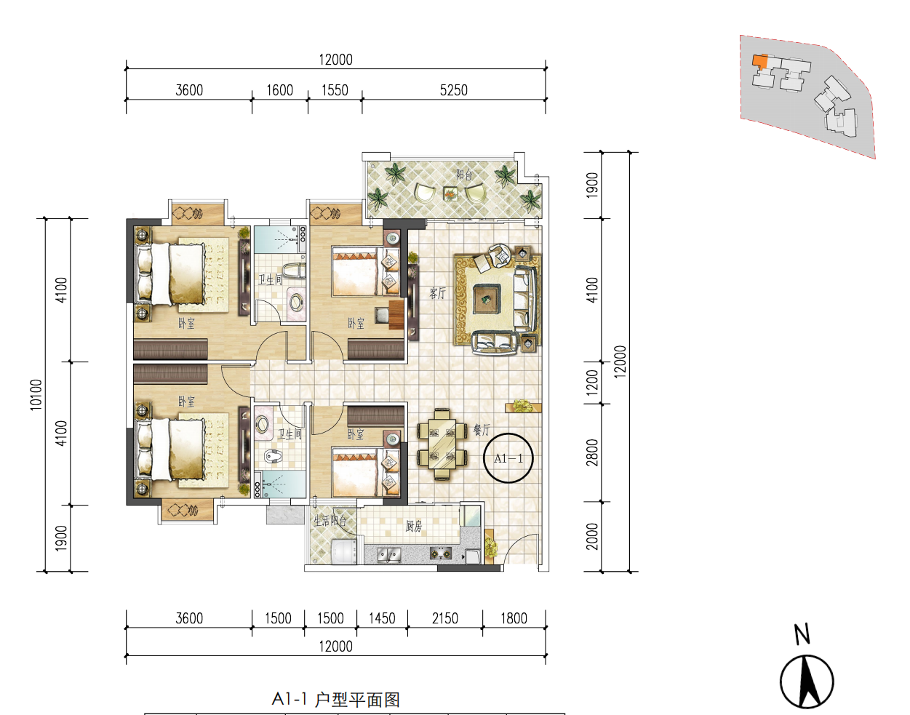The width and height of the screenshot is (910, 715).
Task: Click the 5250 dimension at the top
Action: (453, 90)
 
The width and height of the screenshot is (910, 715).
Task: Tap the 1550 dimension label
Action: (335, 90)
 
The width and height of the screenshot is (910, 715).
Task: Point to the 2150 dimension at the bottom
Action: (444, 618)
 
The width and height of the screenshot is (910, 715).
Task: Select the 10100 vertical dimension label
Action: (36, 395)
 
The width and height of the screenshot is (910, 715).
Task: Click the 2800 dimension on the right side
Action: (592, 452)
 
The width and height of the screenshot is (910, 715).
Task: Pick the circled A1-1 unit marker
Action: (508, 458)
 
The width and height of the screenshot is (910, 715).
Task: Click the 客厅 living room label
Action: (437, 292)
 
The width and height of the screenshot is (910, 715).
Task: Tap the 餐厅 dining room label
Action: (481, 430)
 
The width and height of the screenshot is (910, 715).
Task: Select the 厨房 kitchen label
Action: (413, 526)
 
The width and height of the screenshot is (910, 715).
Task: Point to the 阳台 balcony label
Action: (464, 175)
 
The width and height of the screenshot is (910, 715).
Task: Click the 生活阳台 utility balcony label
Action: (330, 520)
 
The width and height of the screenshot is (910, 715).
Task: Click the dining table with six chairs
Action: (442, 444)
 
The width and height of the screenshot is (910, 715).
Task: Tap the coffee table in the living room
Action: (487, 298)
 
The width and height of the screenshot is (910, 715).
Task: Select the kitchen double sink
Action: (389, 555)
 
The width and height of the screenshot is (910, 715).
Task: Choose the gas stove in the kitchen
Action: (442, 554)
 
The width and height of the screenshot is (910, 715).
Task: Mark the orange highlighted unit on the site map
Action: (760, 61)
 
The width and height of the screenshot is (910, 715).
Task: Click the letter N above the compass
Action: (802, 634)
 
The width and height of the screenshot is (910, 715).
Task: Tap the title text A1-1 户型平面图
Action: (336, 699)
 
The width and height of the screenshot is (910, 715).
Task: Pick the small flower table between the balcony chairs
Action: (450, 193)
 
